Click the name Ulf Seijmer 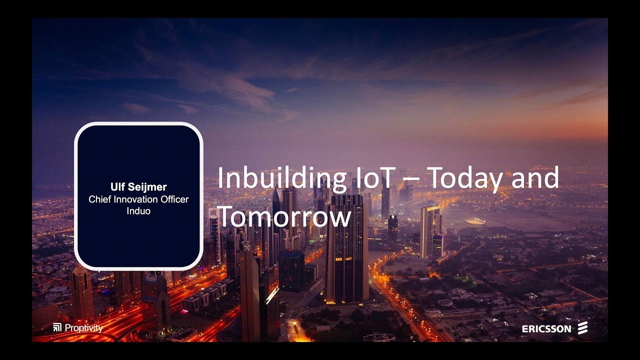[138, 187]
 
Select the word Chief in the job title [98, 199]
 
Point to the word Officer [174, 199]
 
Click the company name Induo [138, 211]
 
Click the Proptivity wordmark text [83, 328]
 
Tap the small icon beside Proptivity [57, 328]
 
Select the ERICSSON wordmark [546, 329]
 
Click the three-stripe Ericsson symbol [582, 328]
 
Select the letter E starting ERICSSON [524, 329]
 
